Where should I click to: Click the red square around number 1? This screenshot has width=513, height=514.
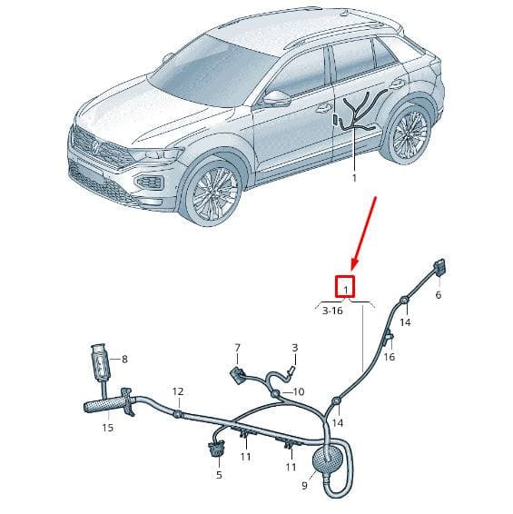point(335,286)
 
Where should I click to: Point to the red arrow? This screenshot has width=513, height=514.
point(364,233)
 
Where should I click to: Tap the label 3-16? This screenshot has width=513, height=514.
point(332,311)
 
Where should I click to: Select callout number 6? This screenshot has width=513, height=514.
point(439,295)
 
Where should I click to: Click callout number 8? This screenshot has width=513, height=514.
point(124,360)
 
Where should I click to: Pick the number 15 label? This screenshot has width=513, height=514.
point(107,428)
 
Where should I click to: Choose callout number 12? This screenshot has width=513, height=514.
point(178,391)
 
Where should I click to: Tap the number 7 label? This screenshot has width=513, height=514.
point(237,348)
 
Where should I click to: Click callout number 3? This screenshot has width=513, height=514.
point(295,348)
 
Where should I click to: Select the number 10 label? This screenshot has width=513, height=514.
point(299,391)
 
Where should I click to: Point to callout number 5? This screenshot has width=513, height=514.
point(220,474)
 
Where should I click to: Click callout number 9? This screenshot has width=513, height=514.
point(304,485)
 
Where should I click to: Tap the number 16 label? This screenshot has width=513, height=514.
point(390,356)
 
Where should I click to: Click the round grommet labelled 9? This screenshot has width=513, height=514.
point(328,459)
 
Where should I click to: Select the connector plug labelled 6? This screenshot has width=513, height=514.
point(439,267)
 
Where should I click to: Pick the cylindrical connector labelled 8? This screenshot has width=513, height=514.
point(101,363)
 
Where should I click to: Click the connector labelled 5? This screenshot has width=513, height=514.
point(216,450)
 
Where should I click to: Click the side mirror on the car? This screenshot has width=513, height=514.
point(276,98)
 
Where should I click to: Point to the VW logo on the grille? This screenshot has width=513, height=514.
point(94,147)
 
